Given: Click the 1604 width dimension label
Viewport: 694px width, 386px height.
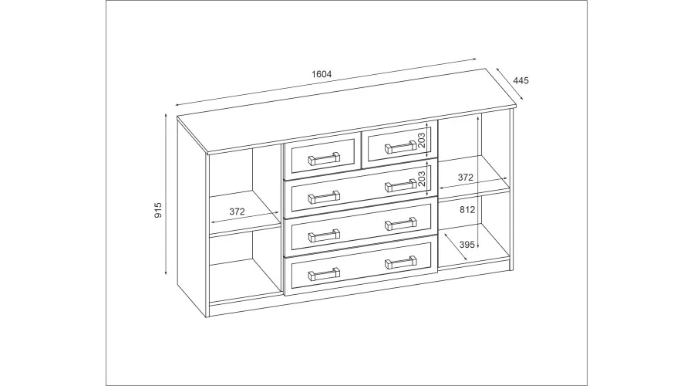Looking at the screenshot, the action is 322,74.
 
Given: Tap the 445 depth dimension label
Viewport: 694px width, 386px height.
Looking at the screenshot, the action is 521,80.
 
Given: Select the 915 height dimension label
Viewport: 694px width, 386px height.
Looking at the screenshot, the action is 158,210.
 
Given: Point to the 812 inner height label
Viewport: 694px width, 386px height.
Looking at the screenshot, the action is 467,210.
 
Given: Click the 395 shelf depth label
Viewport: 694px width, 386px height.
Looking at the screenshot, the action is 467,245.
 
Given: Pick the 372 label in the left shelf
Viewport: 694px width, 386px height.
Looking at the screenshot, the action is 238,212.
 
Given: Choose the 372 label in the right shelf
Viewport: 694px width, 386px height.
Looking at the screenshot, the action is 465,178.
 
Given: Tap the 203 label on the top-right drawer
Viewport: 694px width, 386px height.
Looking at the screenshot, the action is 421,141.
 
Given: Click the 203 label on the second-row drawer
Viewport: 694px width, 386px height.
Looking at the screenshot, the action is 421,178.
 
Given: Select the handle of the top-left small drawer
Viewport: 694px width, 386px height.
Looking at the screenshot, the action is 324,159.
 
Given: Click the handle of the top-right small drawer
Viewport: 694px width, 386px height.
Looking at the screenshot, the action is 401,147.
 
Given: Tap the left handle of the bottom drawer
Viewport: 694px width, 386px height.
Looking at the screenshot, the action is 324,274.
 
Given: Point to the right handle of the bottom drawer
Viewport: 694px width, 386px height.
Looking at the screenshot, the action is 401,262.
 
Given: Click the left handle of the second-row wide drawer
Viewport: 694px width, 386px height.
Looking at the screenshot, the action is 324,197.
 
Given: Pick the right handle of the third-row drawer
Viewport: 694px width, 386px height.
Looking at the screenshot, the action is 401,224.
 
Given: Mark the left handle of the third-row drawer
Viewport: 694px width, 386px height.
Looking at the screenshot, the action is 324,235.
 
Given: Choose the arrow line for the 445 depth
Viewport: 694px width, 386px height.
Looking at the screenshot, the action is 510,83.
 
